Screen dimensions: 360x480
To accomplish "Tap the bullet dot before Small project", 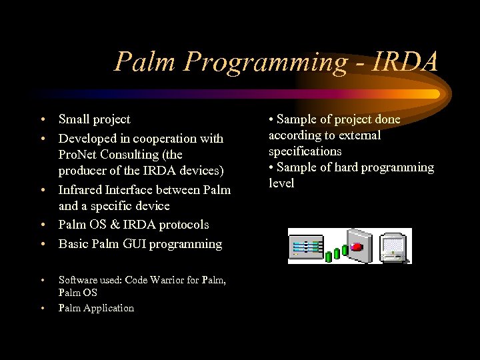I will point(42,120).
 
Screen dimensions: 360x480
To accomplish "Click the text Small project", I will point(94,119).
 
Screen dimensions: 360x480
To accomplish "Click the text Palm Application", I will point(96,307).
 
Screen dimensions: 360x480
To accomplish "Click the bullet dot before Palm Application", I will point(42,308).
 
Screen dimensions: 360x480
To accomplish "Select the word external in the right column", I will point(359,135).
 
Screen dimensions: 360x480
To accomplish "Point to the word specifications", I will point(305,151).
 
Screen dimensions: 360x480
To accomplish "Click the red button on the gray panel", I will point(357,247).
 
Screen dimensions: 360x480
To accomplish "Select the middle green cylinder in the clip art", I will point(337,253).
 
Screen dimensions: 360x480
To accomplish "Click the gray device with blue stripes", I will point(305,246).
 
